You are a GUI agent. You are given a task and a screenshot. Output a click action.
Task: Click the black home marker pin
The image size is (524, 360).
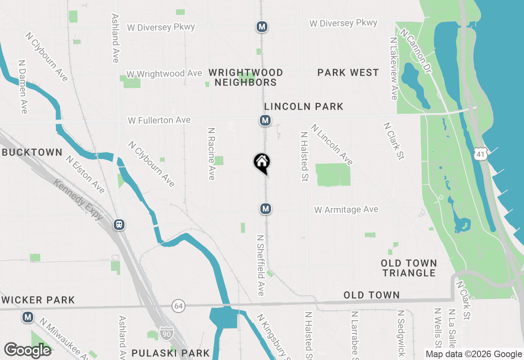coord(262,162)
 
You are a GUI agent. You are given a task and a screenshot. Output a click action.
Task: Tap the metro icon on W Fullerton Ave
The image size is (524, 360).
coord(265,120)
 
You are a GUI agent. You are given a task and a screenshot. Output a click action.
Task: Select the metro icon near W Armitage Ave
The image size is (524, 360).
coord(266,209)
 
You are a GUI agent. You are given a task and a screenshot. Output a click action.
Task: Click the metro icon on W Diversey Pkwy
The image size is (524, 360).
coord(262,27)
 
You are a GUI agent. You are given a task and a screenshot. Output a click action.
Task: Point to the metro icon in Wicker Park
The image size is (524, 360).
coord(28,317)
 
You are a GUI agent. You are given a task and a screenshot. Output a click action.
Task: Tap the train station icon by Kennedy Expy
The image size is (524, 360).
coord(119,225)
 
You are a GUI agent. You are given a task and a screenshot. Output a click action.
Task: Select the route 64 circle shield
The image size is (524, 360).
coord(178,306)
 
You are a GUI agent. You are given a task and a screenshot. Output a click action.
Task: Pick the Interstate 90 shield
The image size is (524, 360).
coord(166,331)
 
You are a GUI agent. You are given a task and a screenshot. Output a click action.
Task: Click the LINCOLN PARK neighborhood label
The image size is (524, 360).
coord(304,107)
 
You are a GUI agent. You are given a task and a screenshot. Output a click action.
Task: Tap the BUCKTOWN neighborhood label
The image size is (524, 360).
coord(32,153)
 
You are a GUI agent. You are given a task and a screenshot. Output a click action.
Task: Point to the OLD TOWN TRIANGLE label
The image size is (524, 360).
coord(409,268)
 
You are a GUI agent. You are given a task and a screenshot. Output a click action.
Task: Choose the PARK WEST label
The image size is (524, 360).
coord(348,73)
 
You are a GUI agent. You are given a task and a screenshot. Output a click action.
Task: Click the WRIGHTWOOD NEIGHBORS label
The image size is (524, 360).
coord(246,77)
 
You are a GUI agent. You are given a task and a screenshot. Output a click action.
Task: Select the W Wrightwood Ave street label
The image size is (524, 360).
coord(164,74)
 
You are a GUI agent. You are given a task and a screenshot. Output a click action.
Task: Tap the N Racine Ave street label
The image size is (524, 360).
coord(211,154)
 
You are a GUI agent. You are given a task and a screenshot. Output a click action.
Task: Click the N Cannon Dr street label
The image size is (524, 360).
coord(416,51)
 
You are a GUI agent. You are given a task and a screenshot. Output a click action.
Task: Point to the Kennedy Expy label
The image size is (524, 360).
coord(78,199)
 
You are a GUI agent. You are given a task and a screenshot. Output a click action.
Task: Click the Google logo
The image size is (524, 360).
coord(27,350)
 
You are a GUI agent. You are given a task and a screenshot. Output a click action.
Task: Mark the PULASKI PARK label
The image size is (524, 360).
coord(170,353)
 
